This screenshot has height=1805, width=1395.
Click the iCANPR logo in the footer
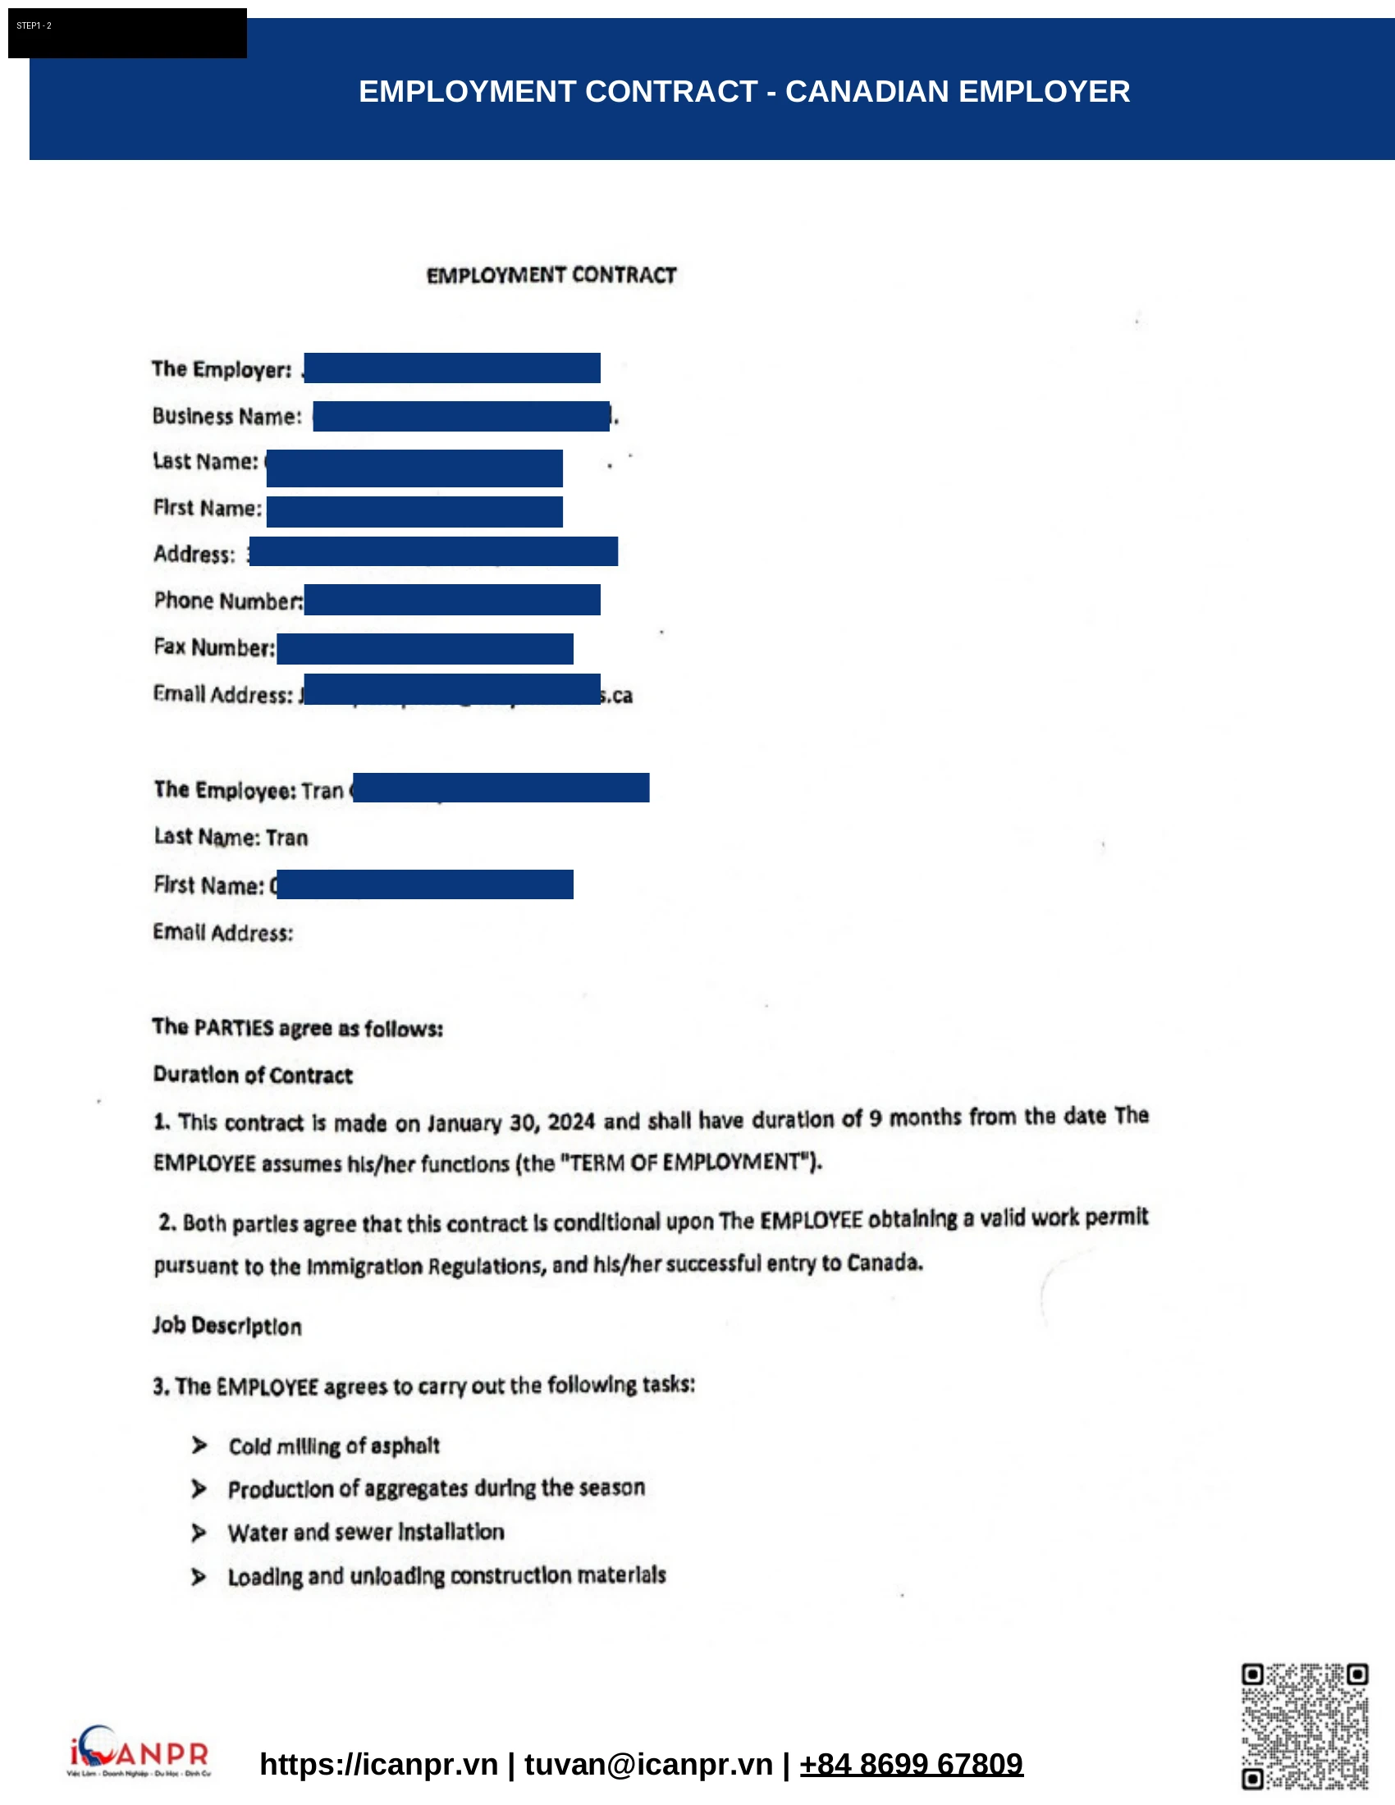pos(139,1752)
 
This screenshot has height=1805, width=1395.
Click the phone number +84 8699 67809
pos(911,1764)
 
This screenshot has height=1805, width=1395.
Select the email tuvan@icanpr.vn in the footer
pos(648,1764)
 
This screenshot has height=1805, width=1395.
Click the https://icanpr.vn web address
pos(378,1764)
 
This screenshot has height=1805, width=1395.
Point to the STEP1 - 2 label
pos(34,25)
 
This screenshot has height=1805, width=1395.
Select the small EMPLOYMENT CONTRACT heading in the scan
pos(551,275)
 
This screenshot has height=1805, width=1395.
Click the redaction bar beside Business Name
pos(461,416)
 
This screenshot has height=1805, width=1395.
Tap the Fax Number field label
pos(214,647)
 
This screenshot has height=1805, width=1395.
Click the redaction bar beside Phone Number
pos(452,599)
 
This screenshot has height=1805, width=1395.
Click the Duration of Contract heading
pos(253,1075)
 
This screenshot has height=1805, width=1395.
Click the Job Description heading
pos(227,1326)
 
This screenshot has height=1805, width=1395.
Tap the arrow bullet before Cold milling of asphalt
pos(199,1446)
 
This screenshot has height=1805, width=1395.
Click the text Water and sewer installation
pos(365,1533)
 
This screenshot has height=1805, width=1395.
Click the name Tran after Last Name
pos(286,838)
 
